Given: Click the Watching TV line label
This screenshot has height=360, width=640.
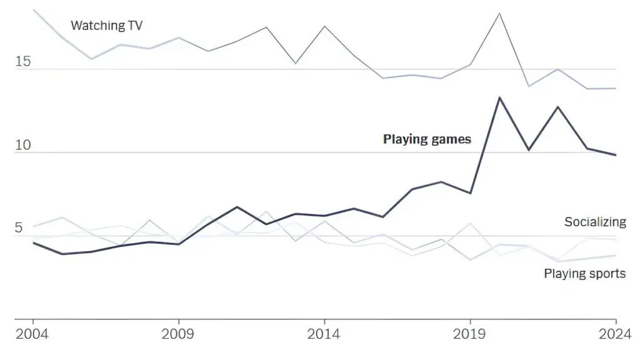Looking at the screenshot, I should [x=107, y=26].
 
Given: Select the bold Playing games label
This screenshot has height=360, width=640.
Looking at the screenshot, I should [x=427, y=139].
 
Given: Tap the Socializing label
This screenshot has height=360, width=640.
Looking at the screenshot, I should [x=594, y=222].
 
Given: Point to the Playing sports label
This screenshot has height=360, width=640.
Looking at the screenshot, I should [x=584, y=273].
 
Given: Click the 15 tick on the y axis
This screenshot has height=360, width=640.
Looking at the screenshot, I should [x=23, y=62].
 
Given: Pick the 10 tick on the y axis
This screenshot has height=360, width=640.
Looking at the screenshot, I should [x=23, y=146].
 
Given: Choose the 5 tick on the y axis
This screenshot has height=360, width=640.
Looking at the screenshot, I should [x=19, y=228].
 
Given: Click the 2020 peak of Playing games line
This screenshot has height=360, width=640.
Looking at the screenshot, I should [x=499, y=97].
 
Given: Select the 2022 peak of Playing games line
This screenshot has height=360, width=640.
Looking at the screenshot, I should [x=557, y=107].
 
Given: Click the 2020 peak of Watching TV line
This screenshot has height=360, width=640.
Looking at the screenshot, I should [x=499, y=13].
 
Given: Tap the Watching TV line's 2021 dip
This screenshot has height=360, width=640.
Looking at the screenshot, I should [x=529, y=86].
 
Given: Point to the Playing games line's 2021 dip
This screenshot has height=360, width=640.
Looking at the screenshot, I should [x=529, y=150].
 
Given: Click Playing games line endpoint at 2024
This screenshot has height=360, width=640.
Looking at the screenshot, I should [x=616, y=155].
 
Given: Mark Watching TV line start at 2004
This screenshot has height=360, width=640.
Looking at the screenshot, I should [x=33, y=10].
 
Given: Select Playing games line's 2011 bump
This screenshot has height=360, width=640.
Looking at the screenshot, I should [x=237, y=207].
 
